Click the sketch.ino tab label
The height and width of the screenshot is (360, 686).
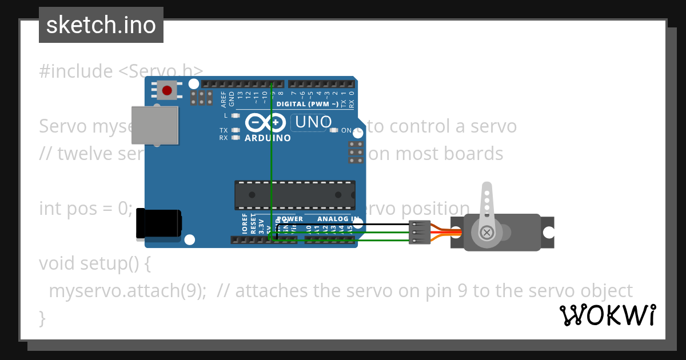[x=101, y=25]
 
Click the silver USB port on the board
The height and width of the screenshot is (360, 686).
[x=154, y=125]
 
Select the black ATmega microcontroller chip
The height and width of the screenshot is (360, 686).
[x=294, y=195]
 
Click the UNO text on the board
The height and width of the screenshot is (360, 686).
[x=312, y=122]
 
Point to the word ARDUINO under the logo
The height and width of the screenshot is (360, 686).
[x=268, y=138]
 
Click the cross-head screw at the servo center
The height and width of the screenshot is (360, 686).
[x=487, y=233]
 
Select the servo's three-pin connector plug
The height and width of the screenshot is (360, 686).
[x=420, y=232]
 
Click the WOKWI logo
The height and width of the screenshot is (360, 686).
[x=607, y=315]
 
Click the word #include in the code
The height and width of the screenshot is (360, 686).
[x=76, y=71]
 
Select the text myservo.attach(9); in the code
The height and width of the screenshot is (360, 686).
[x=127, y=291]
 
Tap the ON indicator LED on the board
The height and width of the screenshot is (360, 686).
[x=334, y=130]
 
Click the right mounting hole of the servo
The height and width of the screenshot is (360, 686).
[x=548, y=233]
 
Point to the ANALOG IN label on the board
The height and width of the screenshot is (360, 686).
[x=338, y=219]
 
